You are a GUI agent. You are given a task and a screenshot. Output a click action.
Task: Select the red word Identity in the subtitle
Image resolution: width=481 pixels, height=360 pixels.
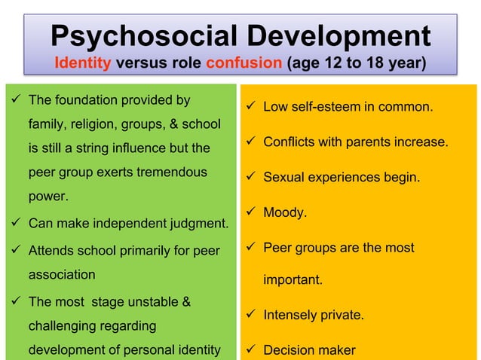point(83,62)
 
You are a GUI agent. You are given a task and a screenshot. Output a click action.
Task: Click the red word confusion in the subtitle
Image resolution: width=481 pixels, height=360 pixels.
point(244,62)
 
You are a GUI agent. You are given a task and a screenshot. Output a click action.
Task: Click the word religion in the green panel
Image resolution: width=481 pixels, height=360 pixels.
point(91,124)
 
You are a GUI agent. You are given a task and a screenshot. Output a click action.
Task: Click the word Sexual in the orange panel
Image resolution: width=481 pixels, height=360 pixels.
point(283,178)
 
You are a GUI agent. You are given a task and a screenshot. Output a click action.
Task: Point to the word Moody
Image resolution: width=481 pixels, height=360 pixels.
point(285,213)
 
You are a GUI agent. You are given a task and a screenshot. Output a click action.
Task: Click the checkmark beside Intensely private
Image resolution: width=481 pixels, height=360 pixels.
point(250,315)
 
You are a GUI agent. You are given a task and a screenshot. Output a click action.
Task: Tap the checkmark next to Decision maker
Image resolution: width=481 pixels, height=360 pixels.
point(250,349)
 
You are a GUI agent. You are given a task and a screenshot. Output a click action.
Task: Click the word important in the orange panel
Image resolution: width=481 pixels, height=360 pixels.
point(293,280)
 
